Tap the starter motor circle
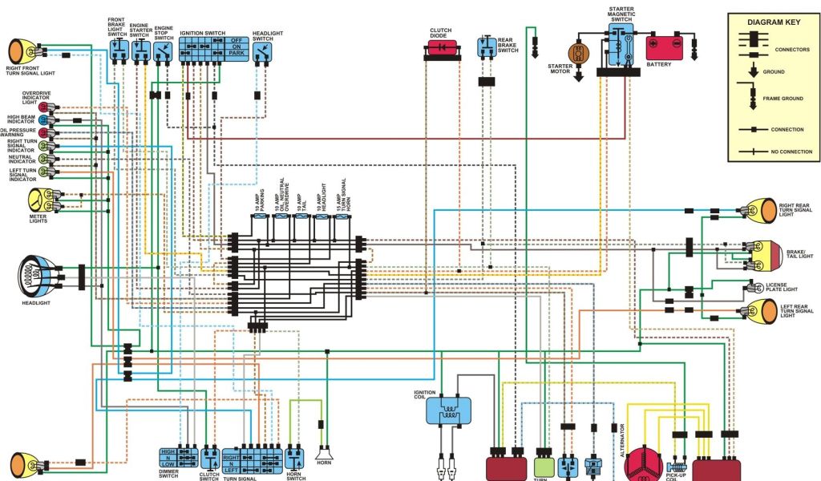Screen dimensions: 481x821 point(578,53)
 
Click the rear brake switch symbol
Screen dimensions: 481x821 point(487,46)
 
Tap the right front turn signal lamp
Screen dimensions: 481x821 point(18,51)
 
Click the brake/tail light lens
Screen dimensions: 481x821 point(774,256)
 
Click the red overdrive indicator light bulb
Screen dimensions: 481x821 point(43,107)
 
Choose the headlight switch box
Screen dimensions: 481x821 point(262,53)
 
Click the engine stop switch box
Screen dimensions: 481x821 point(164,52)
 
